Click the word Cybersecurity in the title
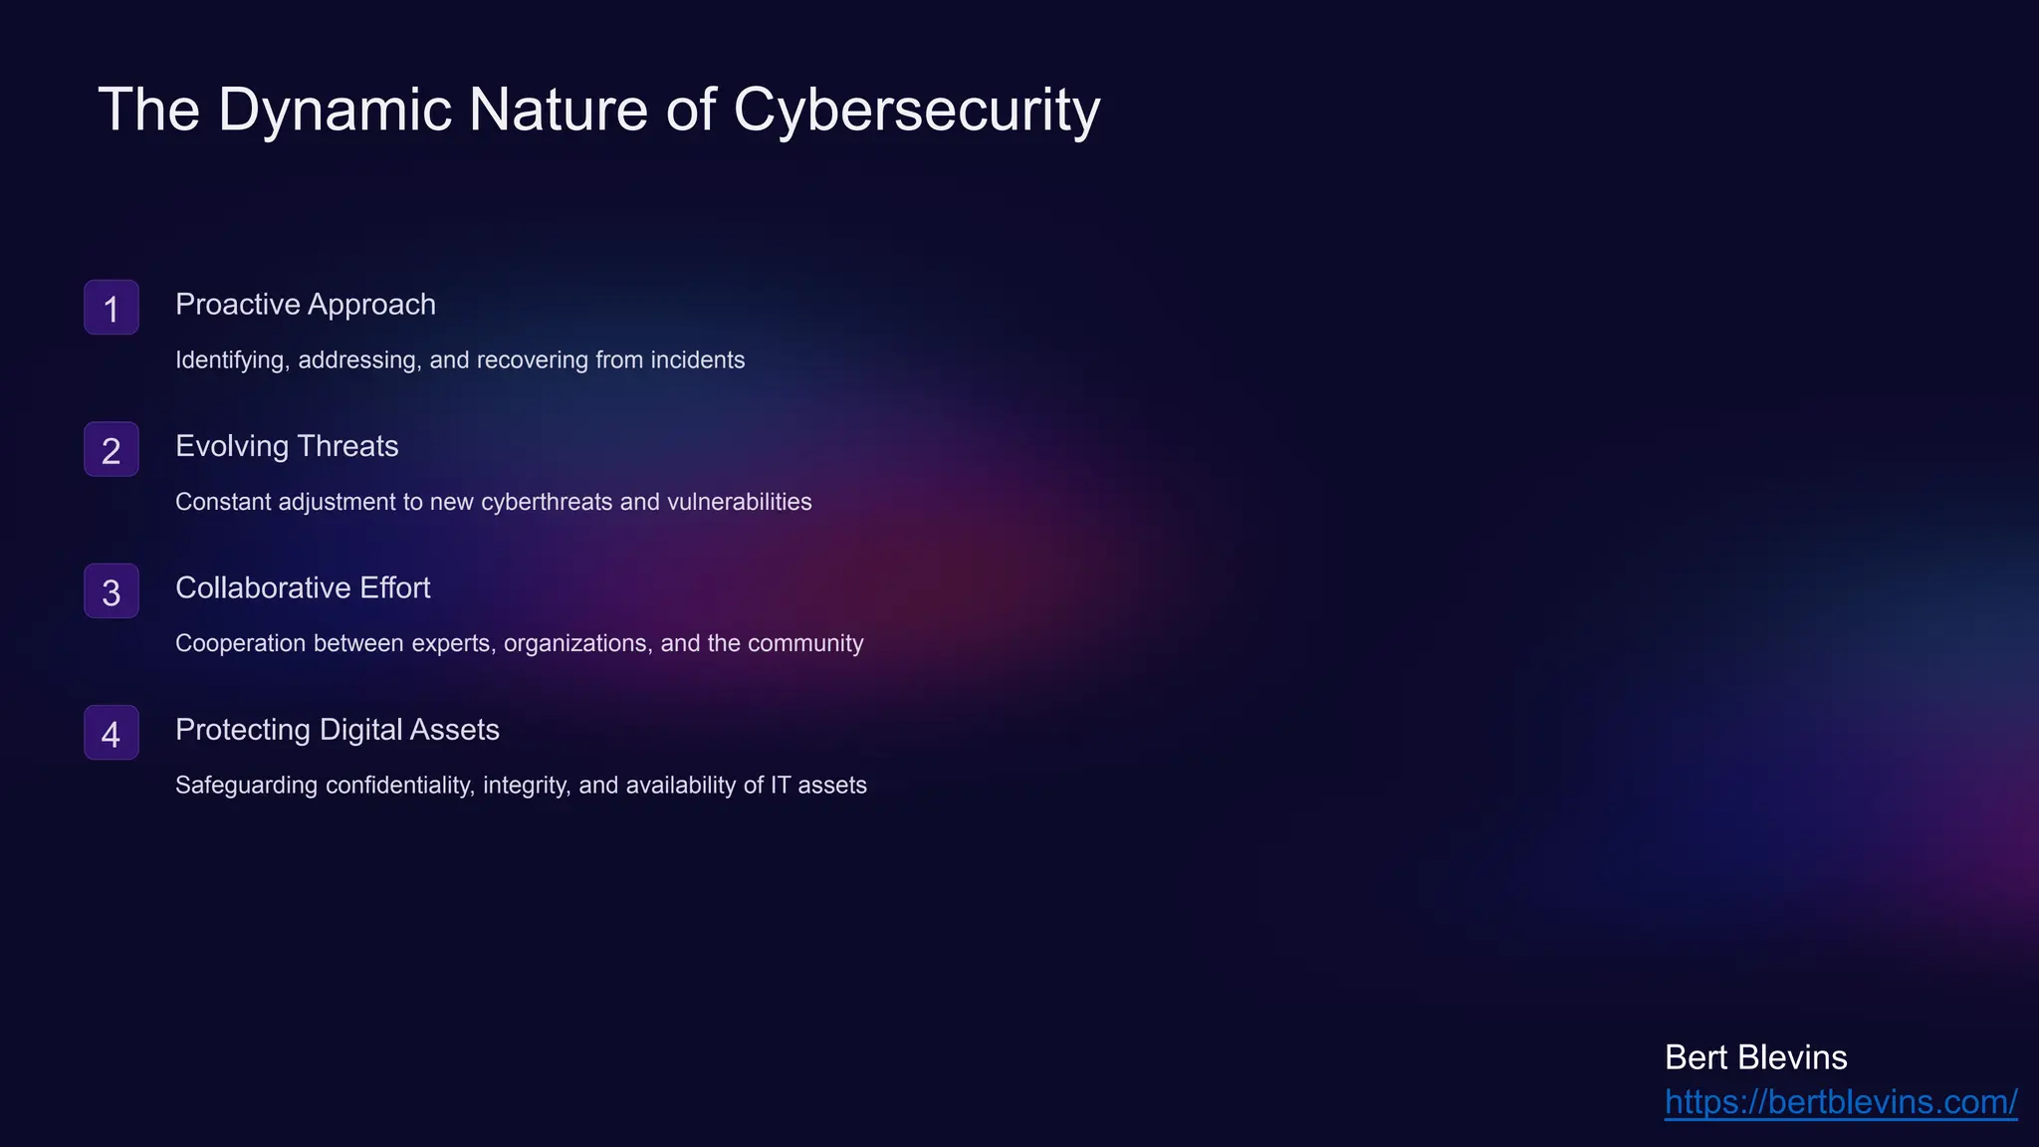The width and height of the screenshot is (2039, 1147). click(x=916, y=110)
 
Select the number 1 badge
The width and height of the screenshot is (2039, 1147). click(x=112, y=308)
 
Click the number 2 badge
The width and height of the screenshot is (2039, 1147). click(x=112, y=450)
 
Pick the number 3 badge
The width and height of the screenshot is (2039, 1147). click(x=112, y=591)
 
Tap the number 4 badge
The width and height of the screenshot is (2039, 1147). click(x=112, y=734)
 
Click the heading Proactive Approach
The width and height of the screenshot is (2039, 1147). click(x=306, y=305)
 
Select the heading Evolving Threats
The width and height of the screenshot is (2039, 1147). click(x=287, y=446)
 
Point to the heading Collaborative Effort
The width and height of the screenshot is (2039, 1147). click(x=303, y=588)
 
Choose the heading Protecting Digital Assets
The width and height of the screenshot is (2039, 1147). click(x=338, y=730)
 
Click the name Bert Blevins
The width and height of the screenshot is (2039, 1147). click(x=1755, y=1057)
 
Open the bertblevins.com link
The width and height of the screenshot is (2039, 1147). click(x=1841, y=1102)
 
